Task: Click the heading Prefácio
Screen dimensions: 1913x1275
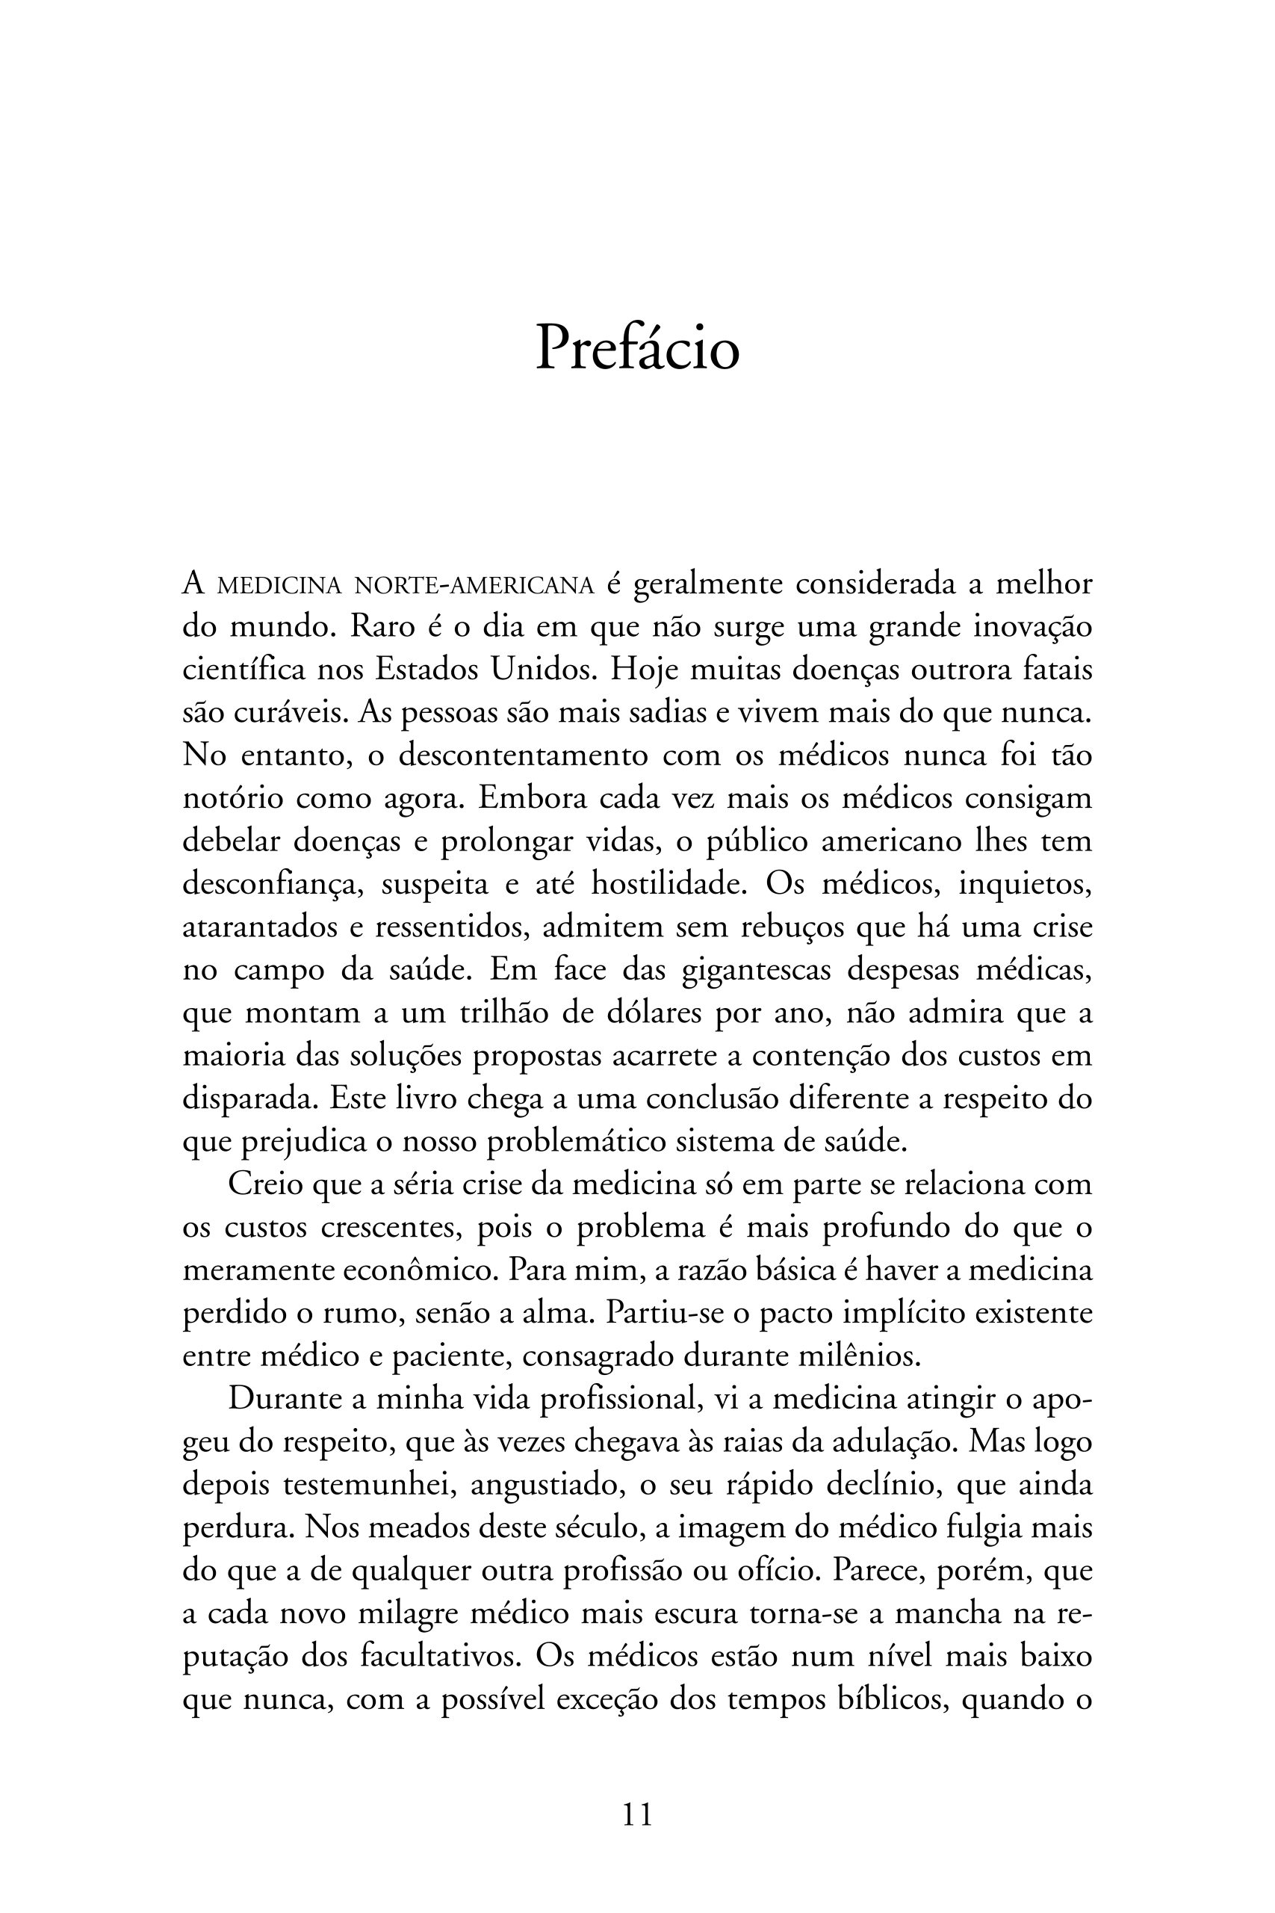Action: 638,349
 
